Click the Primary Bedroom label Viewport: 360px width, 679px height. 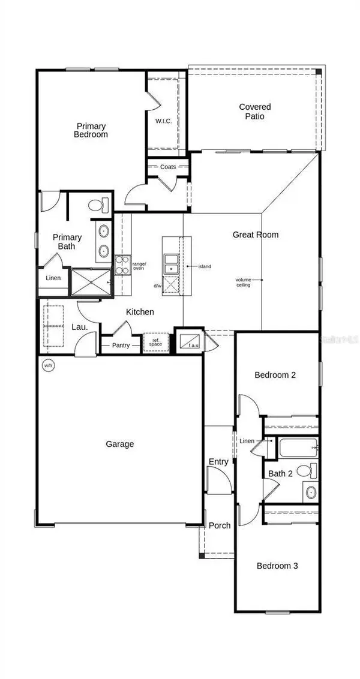click(x=92, y=130)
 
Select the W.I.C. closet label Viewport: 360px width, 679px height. click(x=164, y=122)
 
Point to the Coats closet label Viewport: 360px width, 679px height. click(x=168, y=167)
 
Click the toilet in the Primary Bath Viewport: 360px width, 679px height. click(x=97, y=206)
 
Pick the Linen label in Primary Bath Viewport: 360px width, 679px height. click(x=53, y=278)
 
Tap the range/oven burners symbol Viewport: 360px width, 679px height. click(x=122, y=265)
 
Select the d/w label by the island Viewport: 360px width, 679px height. click(x=158, y=286)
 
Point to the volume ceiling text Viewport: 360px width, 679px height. click(x=243, y=282)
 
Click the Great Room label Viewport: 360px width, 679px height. click(x=256, y=235)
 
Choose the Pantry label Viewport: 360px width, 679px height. click(x=121, y=345)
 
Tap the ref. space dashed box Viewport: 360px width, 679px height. click(x=155, y=342)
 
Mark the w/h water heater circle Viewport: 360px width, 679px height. click(x=47, y=365)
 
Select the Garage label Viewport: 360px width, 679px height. click(x=120, y=444)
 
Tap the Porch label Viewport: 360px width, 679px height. click(x=220, y=525)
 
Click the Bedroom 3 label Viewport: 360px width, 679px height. click(x=277, y=566)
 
